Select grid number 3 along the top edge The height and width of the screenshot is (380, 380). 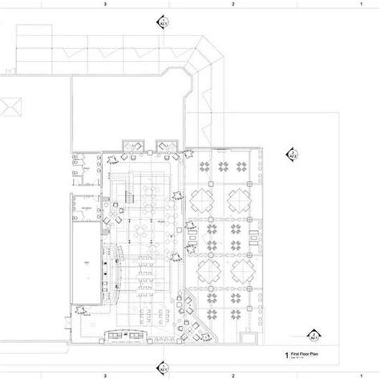[105, 4]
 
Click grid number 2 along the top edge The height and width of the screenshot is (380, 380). [232, 4]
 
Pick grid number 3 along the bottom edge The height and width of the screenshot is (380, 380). [105, 375]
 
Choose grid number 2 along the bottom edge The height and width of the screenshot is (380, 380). [232, 375]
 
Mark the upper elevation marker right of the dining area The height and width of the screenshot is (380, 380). [292, 152]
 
